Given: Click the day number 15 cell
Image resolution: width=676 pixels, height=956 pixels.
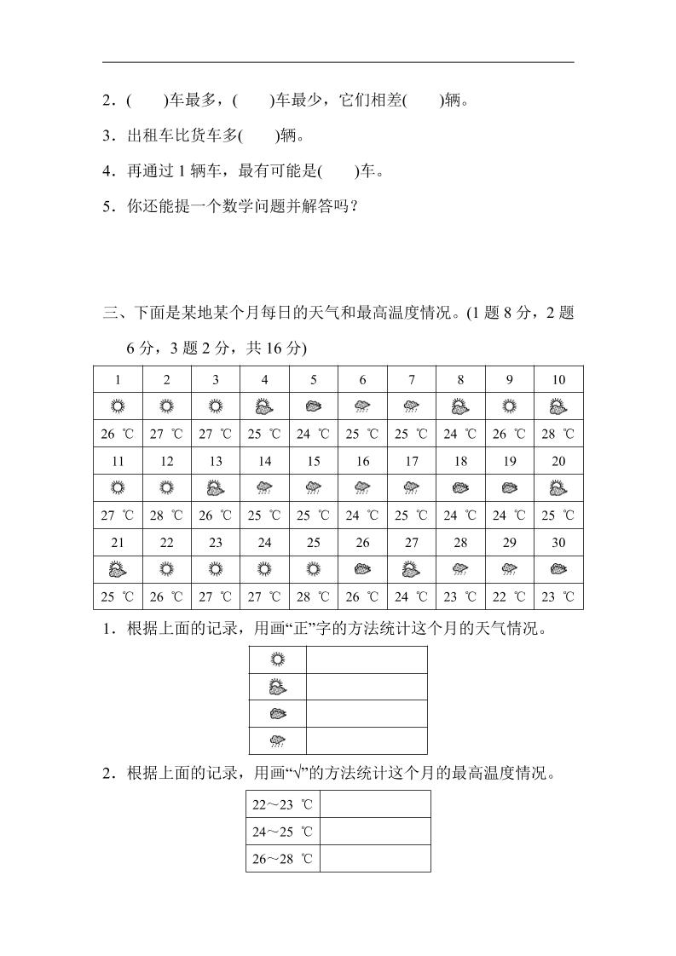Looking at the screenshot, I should (x=314, y=461).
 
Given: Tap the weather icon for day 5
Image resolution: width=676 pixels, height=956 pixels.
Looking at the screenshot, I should (x=314, y=407).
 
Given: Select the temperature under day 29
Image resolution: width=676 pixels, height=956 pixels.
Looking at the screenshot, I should (x=510, y=596).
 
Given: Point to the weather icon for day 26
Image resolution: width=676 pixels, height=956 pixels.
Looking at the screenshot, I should (x=362, y=569).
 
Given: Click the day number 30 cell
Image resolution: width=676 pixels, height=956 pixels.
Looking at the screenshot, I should (x=558, y=542).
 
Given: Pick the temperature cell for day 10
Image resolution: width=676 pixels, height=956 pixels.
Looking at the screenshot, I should (x=558, y=434).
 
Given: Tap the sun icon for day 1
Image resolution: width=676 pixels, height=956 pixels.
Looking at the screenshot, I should (x=118, y=407).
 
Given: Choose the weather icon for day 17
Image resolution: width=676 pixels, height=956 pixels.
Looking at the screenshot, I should (x=412, y=488).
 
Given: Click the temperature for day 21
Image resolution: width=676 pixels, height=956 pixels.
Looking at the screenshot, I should (x=118, y=596).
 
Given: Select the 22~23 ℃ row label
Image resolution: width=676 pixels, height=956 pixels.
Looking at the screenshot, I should (x=282, y=803).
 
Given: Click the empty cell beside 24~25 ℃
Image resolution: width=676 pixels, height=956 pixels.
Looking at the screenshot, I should (x=374, y=831).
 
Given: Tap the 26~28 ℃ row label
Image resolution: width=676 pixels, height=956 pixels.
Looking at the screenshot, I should (x=282, y=858).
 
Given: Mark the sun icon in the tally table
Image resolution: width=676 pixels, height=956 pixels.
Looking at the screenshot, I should (x=276, y=659).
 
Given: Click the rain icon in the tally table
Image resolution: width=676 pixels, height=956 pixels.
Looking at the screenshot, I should (x=276, y=741).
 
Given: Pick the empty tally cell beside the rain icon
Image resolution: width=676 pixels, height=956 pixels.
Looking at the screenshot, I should (x=367, y=741).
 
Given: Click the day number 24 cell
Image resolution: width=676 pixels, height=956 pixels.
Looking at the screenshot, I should (x=264, y=542).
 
